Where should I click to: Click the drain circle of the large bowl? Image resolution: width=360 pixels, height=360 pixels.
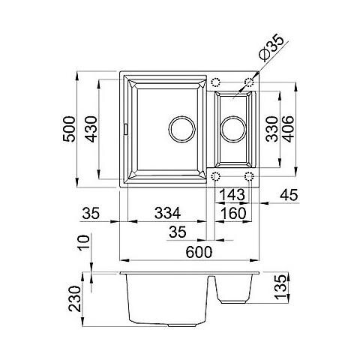181,128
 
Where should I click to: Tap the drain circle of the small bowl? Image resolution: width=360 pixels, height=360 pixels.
233,128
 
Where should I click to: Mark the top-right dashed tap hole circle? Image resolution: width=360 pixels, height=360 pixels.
249,82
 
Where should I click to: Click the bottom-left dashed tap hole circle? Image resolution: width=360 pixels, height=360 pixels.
216,177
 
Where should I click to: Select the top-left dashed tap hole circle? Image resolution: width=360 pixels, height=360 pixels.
216,82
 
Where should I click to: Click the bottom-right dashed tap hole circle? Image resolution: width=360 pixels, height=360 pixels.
249,177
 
